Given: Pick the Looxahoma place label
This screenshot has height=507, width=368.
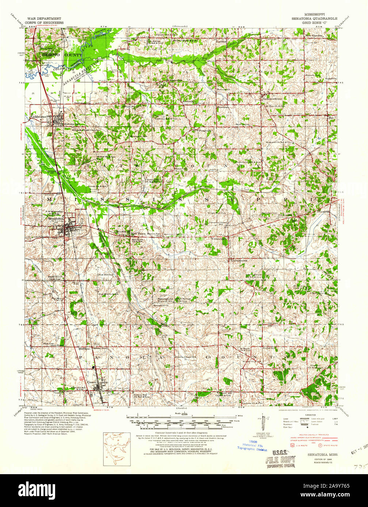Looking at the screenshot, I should [239, 260].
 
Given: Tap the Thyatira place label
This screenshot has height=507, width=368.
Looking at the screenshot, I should [323, 212].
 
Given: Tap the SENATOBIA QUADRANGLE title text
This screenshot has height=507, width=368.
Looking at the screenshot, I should [314, 18].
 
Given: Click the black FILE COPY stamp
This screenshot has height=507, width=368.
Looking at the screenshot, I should [281, 461].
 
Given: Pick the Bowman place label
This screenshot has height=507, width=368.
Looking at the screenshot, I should [223, 108].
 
